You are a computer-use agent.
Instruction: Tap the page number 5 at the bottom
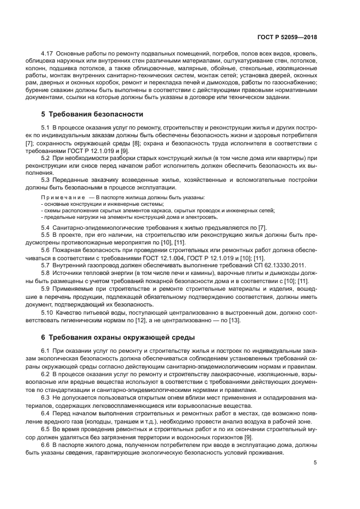pyautogui.click(x=315, y=463)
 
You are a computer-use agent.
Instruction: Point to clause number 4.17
pyautogui.click(x=47, y=54)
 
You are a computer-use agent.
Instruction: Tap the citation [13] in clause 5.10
pyautogui.click(x=235, y=320)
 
